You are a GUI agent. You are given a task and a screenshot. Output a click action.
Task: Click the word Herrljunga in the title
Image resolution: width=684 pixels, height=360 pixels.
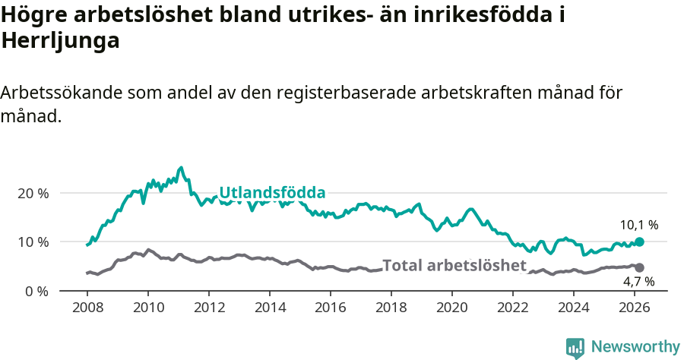[61, 41]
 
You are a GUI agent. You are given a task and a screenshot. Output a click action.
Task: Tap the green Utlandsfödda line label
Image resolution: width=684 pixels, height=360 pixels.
[272, 192]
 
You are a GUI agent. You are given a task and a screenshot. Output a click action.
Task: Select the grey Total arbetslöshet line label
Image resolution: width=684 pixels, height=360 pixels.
[454, 265]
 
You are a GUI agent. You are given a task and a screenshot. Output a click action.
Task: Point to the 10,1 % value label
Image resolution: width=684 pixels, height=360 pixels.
[638, 225]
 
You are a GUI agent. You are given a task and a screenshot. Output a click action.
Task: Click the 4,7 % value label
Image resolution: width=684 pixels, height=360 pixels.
[638, 282]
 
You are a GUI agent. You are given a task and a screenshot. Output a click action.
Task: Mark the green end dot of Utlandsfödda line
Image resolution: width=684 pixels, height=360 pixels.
[639, 242]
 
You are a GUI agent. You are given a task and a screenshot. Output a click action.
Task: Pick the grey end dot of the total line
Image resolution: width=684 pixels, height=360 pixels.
[639, 267]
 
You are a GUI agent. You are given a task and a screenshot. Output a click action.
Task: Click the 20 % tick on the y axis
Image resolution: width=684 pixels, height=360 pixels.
[33, 193]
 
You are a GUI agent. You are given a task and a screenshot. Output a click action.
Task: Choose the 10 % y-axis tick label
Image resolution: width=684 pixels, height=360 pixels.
[33, 242]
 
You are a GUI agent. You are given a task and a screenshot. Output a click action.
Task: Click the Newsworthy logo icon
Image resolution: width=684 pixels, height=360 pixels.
[575, 347]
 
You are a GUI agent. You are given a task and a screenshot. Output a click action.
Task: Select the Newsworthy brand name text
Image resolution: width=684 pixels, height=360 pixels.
[635, 347]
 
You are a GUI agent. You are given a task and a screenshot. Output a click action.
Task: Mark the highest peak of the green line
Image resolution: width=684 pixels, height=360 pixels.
[180, 168]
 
